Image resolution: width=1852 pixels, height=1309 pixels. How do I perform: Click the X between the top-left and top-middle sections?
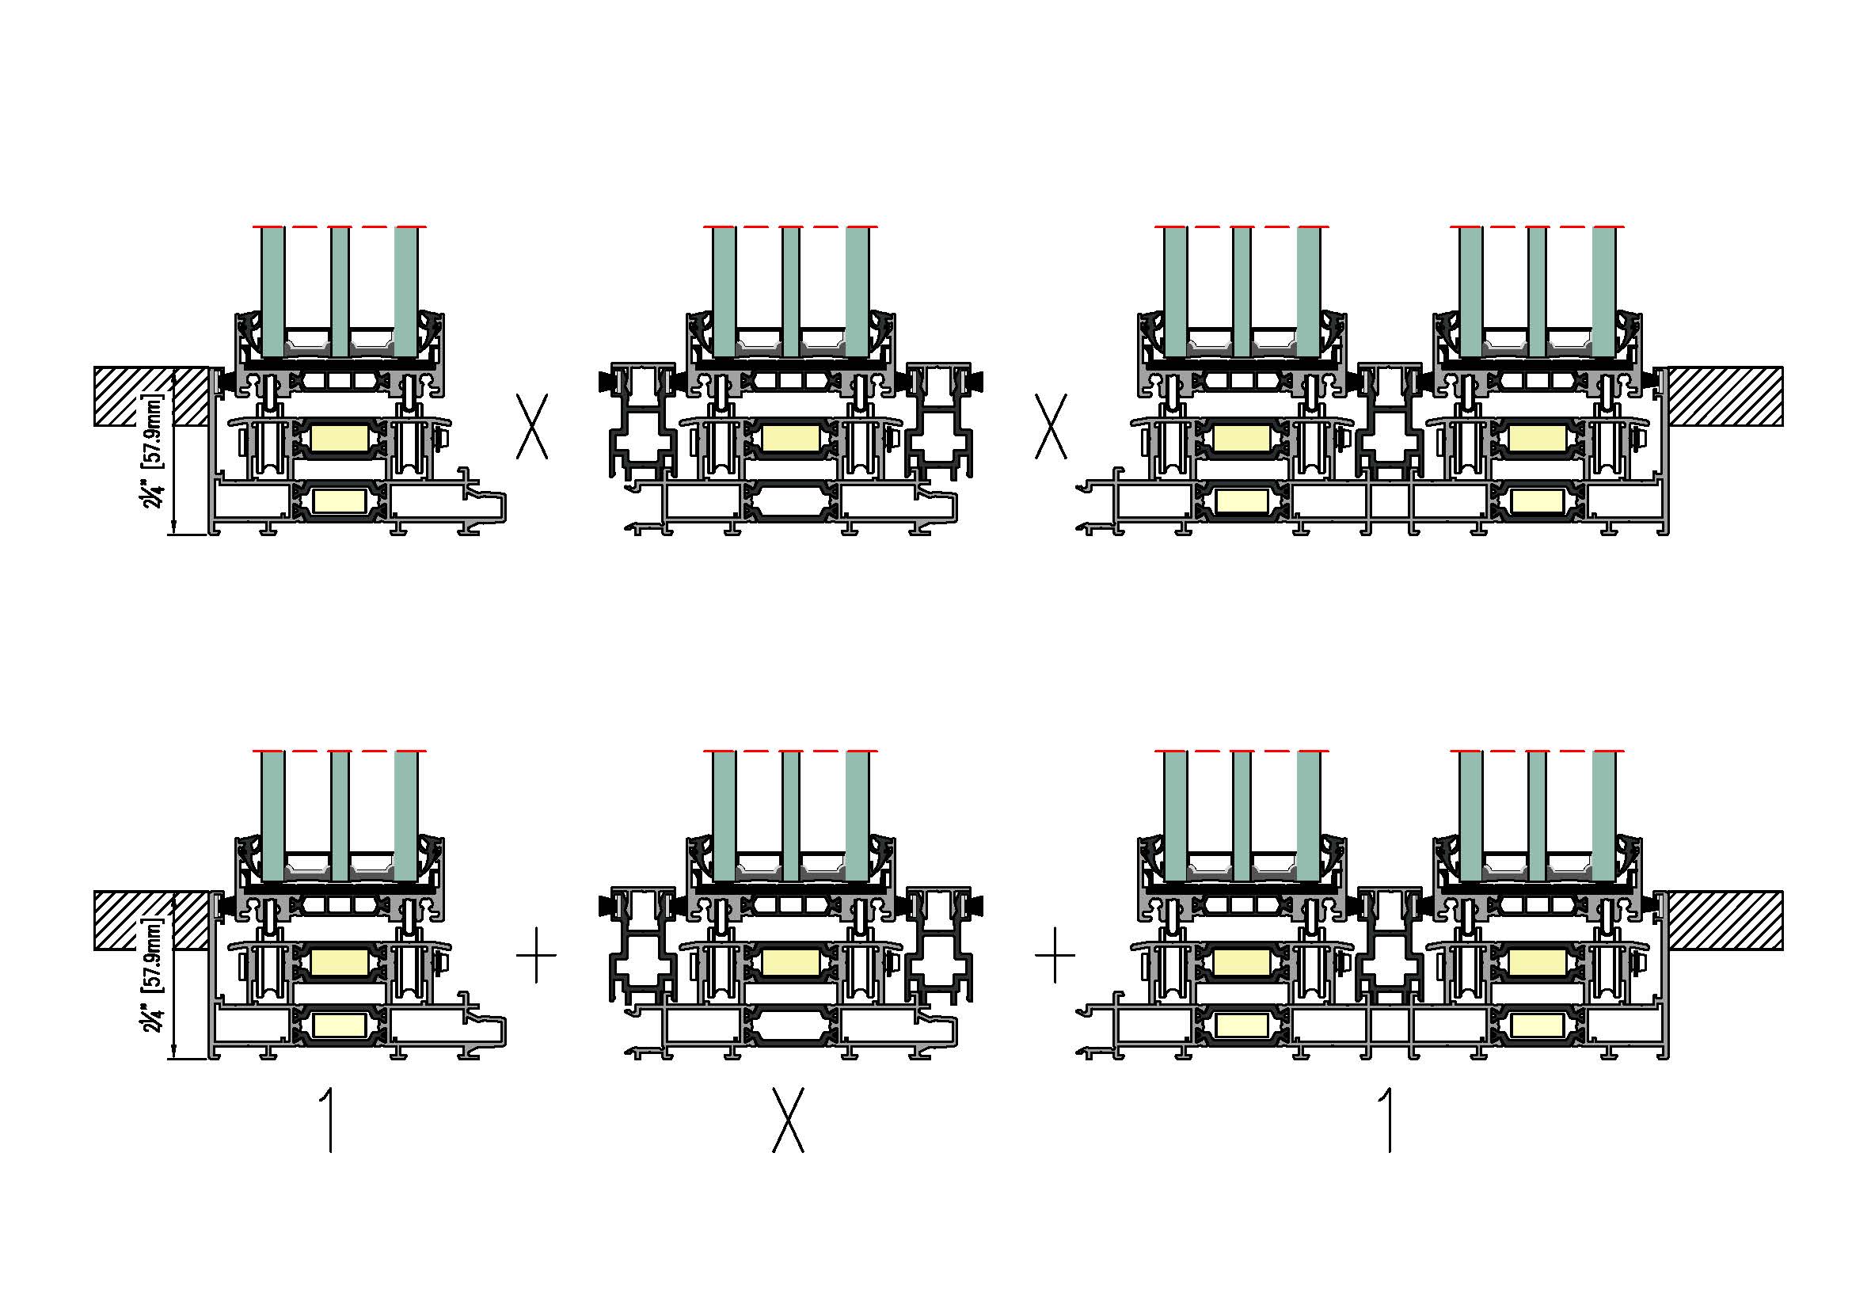click(532, 427)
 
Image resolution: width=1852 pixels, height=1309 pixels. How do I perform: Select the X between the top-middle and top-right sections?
click(1051, 427)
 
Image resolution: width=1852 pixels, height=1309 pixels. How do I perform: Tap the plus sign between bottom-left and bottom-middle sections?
click(536, 955)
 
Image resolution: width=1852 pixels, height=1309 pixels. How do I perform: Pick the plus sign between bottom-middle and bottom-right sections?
click(1055, 955)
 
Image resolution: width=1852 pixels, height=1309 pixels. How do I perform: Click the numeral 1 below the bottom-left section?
click(329, 1121)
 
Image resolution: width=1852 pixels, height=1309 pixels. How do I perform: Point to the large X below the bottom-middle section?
click(788, 1121)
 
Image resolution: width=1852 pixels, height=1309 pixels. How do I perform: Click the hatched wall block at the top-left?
click(151, 396)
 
